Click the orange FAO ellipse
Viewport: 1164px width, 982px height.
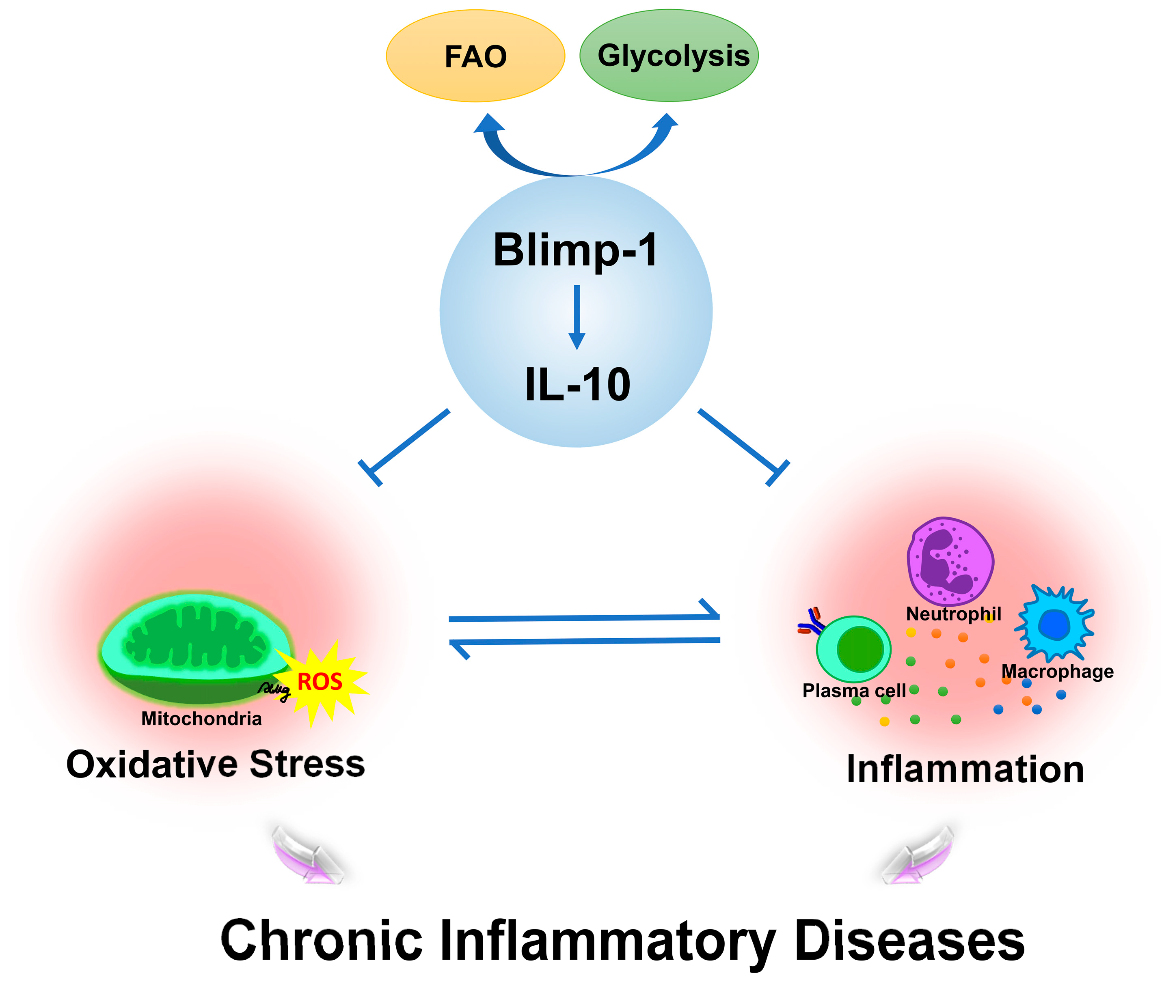click(x=475, y=56)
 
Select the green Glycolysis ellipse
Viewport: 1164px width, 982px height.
click(x=668, y=56)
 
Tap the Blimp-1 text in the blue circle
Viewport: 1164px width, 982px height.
click(x=575, y=250)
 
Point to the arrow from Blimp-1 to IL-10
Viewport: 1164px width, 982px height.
click(x=577, y=317)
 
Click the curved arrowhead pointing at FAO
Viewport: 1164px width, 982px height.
click(x=489, y=124)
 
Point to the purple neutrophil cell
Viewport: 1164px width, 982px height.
click(x=950, y=561)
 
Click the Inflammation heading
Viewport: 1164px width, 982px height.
click(x=965, y=769)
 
